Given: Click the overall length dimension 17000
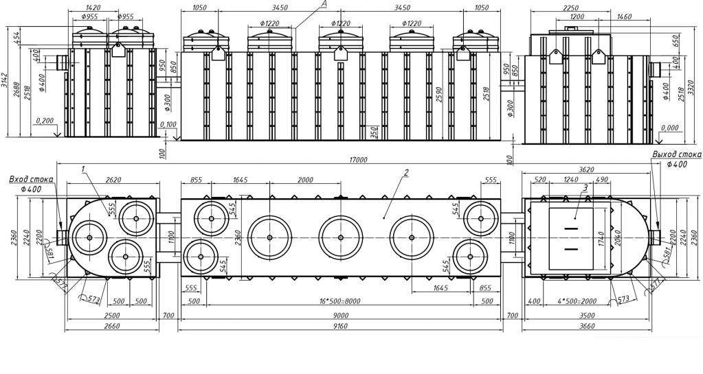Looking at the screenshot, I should pyautogui.click(x=359, y=160).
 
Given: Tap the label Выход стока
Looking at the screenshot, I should pyautogui.click(x=677, y=155).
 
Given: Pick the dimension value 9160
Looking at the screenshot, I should pyautogui.click(x=341, y=326).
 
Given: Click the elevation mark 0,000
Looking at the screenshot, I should pyautogui.click(x=669, y=128).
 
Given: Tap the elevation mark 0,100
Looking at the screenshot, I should pyautogui.click(x=168, y=124).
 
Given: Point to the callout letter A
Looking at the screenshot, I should pyautogui.click(x=322, y=4).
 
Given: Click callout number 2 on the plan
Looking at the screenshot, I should pyautogui.click(x=407, y=172).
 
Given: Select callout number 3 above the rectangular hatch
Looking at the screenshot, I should pyautogui.click(x=585, y=187).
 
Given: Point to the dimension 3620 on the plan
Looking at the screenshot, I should pyautogui.click(x=585, y=169).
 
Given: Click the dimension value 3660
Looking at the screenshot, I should pyautogui.click(x=585, y=326).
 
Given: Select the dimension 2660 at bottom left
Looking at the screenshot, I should pyautogui.click(x=112, y=326).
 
